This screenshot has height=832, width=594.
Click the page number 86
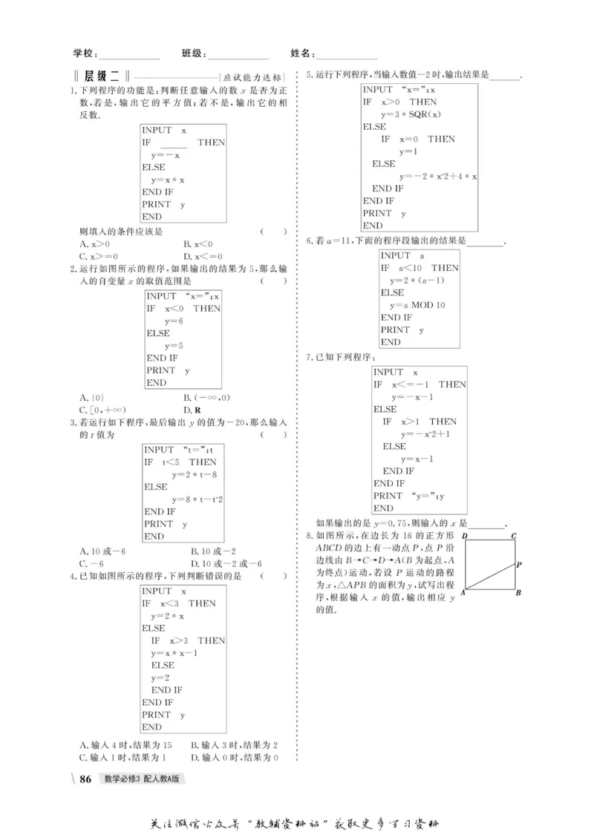[85, 779]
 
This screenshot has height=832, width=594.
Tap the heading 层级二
[102, 76]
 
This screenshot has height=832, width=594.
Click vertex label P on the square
[519, 565]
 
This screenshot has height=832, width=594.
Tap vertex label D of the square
[464, 535]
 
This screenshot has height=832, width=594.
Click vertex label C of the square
[513, 535]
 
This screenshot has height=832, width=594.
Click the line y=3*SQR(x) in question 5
[411, 114]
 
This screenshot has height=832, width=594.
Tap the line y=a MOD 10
[418, 305]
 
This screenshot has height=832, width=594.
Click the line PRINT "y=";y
[413, 496]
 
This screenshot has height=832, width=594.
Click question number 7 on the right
[310, 357]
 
